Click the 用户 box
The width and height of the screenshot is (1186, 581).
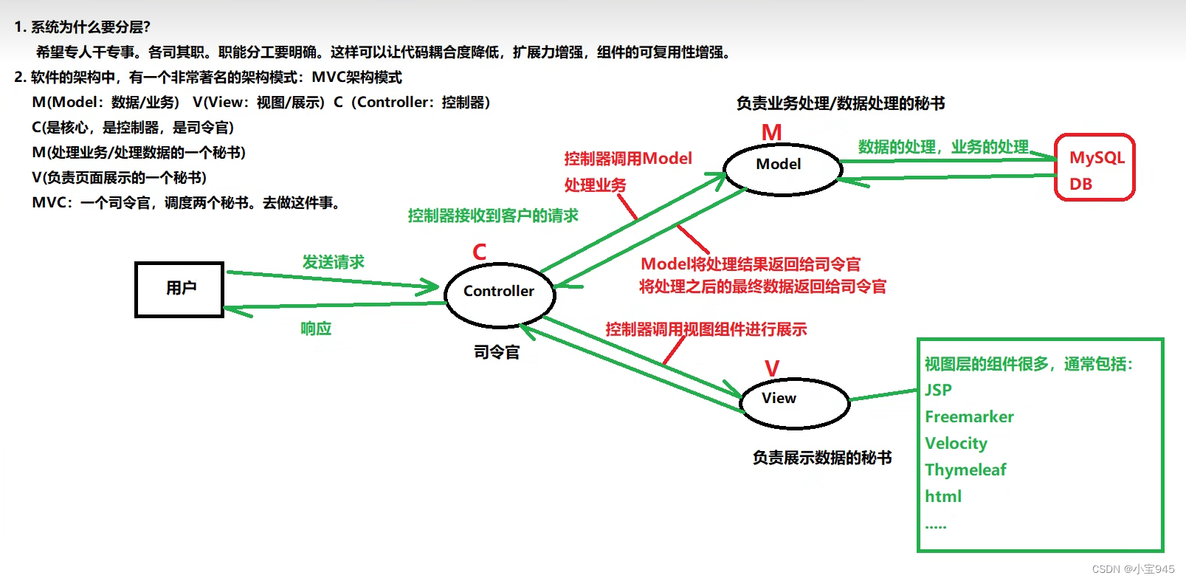coord(179,289)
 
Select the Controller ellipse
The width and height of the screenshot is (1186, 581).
coord(499,292)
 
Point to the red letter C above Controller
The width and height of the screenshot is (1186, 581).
coord(480,252)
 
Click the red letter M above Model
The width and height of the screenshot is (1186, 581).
coord(771,133)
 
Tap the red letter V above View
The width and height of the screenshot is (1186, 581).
coord(772,368)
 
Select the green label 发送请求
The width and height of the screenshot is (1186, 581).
coord(333,262)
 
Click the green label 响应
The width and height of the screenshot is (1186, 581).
coord(316,329)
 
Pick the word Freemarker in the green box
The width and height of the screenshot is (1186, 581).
coord(969,417)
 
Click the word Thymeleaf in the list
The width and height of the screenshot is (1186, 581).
coord(965,470)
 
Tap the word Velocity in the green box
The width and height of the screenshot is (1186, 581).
coord(956,444)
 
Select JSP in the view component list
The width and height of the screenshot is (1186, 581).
coord(938,390)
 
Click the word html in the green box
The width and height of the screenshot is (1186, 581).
coord(943,497)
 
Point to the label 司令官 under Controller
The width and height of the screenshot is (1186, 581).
coord(497,352)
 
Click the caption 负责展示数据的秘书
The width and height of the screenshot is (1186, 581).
coord(821,458)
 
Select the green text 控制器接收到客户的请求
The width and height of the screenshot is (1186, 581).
coord(493,216)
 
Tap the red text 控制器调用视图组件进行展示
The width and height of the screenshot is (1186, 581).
coord(706,329)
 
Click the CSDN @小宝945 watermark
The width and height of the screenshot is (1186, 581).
coord(1133,569)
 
